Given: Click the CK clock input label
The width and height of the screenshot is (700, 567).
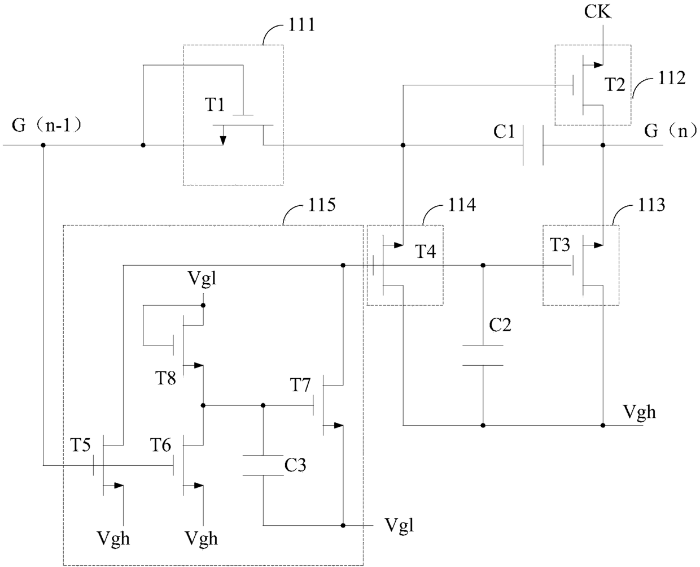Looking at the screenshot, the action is [x=597, y=11].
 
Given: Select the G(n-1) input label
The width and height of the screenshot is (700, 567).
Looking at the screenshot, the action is [x=47, y=125].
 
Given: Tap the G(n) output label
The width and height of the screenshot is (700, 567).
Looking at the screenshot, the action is [x=671, y=131].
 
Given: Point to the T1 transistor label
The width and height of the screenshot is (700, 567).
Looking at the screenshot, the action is [x=215, y=105].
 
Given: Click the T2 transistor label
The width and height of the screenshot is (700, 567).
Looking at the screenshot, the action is [x=615, y=85].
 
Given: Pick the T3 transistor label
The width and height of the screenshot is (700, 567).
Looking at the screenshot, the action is [x=560, y=245].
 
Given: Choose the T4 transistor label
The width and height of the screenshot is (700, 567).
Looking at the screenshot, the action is [x=426, y=252].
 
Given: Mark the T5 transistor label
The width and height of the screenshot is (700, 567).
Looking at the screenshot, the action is [x=80, y=445].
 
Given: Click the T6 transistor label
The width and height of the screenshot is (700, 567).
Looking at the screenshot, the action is [x=160, y=445].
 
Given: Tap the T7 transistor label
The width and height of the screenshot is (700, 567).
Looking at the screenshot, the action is [x=300, y=385].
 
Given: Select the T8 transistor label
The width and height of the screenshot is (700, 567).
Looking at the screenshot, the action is [x=165, y=378].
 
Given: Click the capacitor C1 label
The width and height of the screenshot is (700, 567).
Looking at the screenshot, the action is [x=504, y=132].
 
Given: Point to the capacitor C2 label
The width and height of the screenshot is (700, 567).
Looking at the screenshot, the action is [x=500, y=325].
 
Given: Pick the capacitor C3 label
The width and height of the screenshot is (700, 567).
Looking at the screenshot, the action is [x=295, y=465].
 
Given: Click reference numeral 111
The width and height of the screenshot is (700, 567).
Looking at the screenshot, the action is [x=301, y=25].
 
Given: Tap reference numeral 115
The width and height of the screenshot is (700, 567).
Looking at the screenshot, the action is [x=322, y=205].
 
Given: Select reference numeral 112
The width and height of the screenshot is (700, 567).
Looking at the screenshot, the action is [x=672, y=78].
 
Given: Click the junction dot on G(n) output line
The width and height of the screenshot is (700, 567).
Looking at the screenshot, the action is [x=603, y=145].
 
